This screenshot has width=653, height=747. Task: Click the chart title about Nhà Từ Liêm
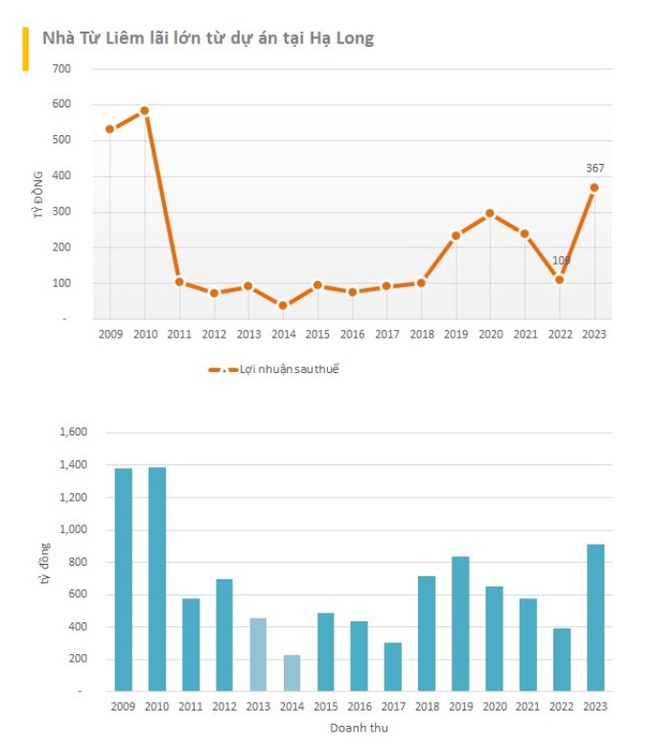pos(208,38)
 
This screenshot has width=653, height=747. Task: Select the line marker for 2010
pos(145,110)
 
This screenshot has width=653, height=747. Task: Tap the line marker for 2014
pos(283,306)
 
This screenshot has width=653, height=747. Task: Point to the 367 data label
pos(595,169)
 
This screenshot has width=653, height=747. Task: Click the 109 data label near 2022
pos(562,261)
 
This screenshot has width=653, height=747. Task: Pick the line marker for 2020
pos(491,213)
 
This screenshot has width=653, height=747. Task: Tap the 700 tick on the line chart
pos(61,69)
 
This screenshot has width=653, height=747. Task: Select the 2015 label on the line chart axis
pos(317,334)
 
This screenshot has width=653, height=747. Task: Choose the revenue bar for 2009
pos(124,579)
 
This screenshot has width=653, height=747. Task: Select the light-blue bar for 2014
pos(292,672)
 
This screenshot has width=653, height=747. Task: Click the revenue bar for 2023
pos(595,618)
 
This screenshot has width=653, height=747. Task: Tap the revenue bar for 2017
pos(393,666)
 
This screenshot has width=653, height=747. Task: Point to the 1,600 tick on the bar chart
pos(73,432)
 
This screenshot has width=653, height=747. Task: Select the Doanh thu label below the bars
pos(359,728)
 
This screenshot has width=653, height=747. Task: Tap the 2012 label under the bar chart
pos(224,707)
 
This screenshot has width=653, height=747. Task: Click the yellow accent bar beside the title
pos(26,49)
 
